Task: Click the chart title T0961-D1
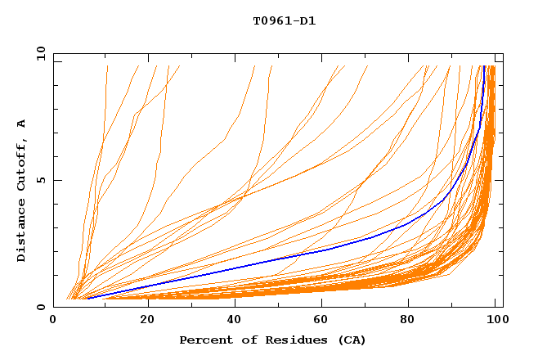284,21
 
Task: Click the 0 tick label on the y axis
40,307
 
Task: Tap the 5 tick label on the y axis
40,180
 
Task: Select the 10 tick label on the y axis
40,53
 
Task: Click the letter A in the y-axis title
22,124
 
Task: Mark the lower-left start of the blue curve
87,298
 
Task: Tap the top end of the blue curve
485,66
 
